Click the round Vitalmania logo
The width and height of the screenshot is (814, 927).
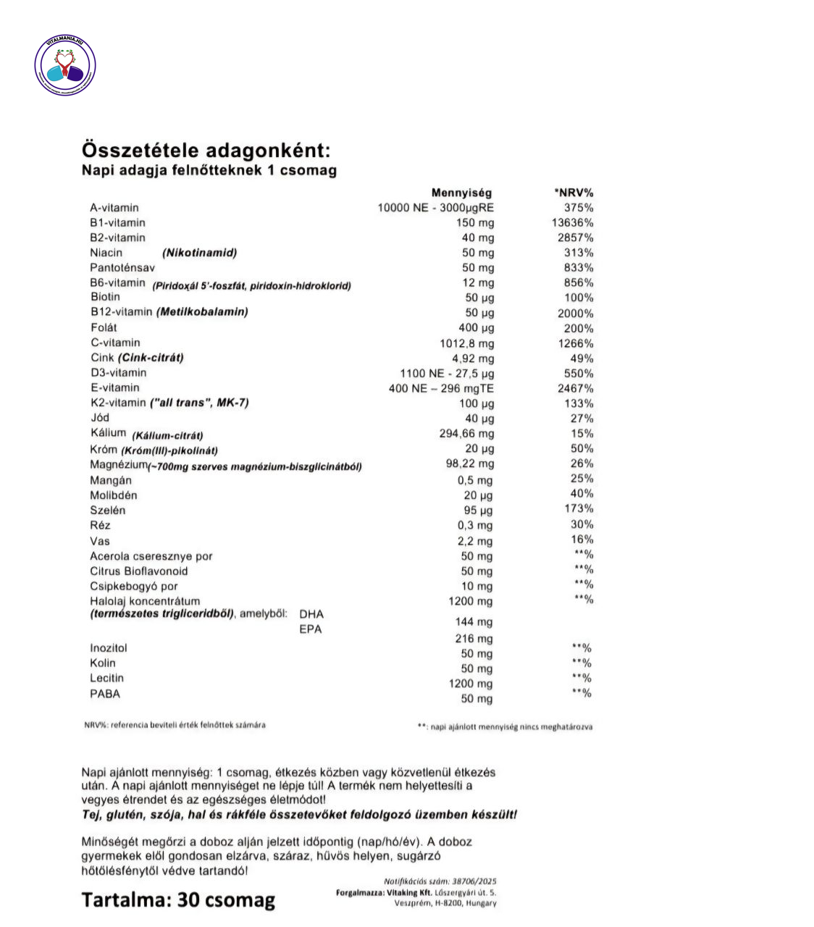point(65,66)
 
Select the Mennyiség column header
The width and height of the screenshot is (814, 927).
point(461,193)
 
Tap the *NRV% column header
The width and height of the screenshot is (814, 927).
point(574,193)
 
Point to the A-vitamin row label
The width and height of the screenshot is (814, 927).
point(114,208)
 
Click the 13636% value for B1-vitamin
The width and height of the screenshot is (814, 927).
point(572,223)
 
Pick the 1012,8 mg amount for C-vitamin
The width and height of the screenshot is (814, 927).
point(467,343)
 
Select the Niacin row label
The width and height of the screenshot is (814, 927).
point(106,253)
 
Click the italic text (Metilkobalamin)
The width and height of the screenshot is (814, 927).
point(202,312)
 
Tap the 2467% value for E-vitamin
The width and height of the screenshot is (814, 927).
point(575,388)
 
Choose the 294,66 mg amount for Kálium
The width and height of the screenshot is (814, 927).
point(467,434)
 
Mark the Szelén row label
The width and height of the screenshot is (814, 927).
point(108,511)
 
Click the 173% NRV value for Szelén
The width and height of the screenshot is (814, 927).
point(579,509)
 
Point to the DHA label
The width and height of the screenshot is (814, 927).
point(311,614)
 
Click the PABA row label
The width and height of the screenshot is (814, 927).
point(105,694)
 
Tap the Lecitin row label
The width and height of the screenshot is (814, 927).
point(107,679)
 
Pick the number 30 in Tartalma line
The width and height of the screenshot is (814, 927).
point(188,900)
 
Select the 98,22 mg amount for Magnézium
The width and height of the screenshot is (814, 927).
point(470,463)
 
